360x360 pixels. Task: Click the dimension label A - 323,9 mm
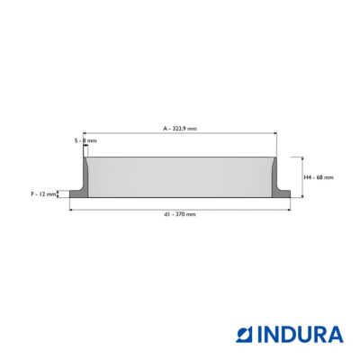180,129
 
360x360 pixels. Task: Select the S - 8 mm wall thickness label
85,140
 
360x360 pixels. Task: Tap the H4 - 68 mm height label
319,177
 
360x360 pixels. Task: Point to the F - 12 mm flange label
43,194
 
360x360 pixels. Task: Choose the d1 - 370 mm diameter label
180,214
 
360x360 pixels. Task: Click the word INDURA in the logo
301,335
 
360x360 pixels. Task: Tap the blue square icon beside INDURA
245,335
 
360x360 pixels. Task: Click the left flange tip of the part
70,194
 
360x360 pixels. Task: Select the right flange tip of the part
290,194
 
